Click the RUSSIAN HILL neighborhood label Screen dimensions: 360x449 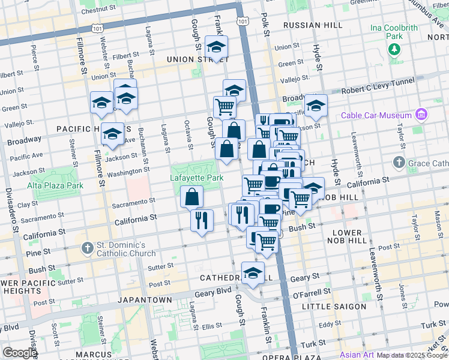[x=312, y=25]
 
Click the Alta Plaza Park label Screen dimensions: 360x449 [x=55, y=185]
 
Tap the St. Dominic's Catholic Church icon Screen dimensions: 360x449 [x=88, y=247]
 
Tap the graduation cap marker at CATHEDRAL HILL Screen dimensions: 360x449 [x=253, y=272]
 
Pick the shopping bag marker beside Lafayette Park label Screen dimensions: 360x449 [x=191, y=196]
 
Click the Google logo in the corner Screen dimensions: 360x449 [x=19, y=353]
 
